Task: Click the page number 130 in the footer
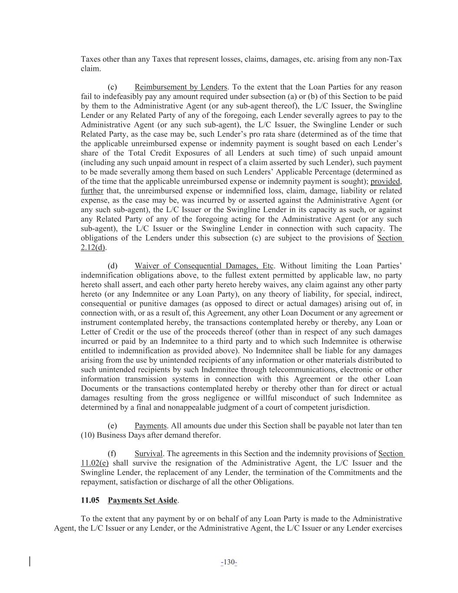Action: pos(229,563)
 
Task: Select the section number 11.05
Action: pos(90,500)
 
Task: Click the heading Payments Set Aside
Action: pos(142,500)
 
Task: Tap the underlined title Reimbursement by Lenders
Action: pos(181,87)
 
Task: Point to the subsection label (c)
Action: pos(112,87)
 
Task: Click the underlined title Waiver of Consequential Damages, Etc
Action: pos(204,266)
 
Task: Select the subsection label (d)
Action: pos(112,266)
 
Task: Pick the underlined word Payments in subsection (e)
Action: pos(150,426)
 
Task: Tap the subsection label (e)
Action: pos(112,426)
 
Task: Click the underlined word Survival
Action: pos(148,454)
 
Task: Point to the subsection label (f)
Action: pos(112,454)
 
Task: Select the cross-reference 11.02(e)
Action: pos(95,463)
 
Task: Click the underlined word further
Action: pos(92,191)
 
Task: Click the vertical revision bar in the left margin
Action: pos(30,561)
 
